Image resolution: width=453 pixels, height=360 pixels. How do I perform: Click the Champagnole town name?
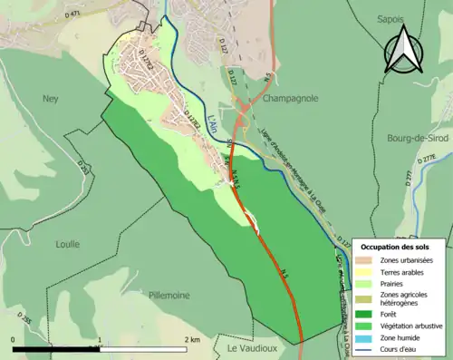click(x=288, y=99)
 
